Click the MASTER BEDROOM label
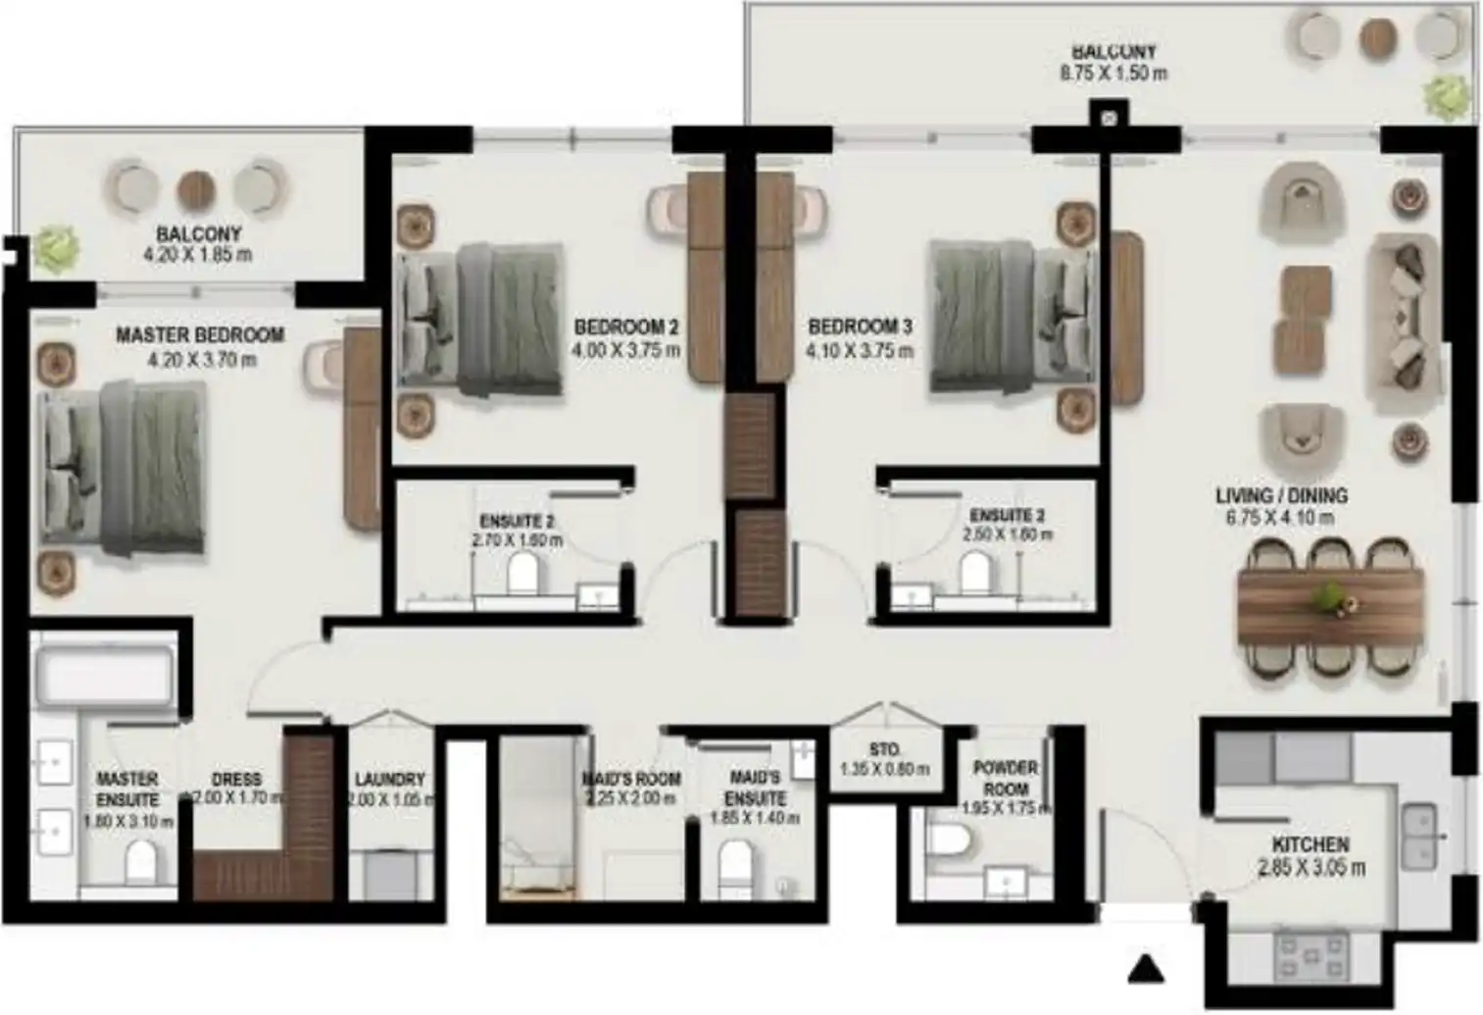[x=200, y=335]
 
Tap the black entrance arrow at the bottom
[x=1145, y=969]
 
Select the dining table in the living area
[x=1330, y=607]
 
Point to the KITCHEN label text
[x=1310, y=844]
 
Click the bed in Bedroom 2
[x=481, y=320]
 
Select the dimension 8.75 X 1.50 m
[x=1112, y=74]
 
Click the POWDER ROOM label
[x=1006, y=778]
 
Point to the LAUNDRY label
[x=389, y=780]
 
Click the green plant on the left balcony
[x=55, y=247]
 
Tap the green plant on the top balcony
[x=1448, y=95]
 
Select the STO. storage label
[x=885, y=750]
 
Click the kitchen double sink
[x=1419, y=837]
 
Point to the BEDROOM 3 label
[x=860, y=327]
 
